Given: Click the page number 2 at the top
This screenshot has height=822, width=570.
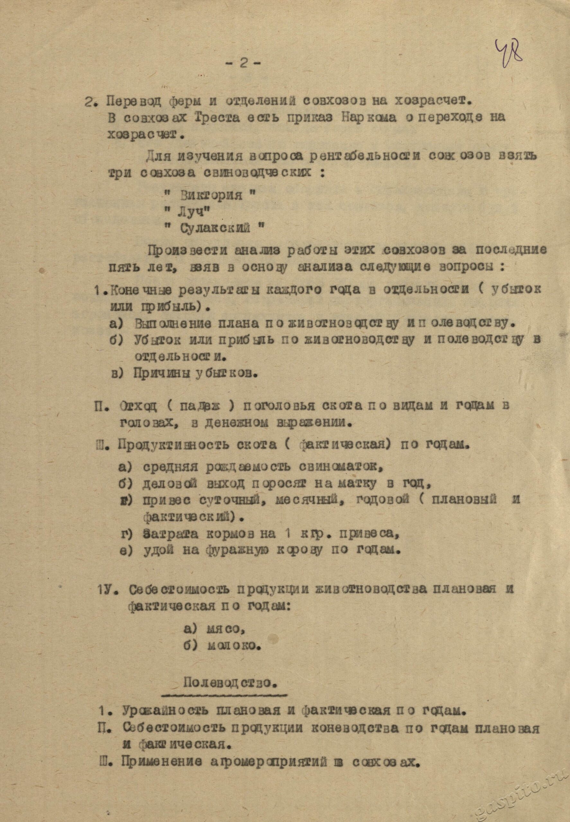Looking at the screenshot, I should point(243,63).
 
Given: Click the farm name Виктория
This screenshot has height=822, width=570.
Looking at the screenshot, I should point(211,195).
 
